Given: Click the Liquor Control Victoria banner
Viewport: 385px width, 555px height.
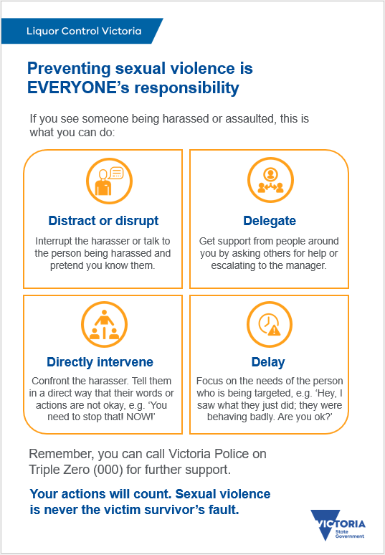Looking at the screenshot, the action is click(83, 32).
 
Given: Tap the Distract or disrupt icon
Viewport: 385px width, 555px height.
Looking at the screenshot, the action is click(104, 180).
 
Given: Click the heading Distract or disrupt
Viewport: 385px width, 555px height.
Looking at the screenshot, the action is click(103, 220).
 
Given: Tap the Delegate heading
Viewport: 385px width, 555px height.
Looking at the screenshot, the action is click(269, 220).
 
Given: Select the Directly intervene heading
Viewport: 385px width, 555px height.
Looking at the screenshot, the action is click(100, 361).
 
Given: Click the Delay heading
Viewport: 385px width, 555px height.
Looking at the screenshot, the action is click(268, 361).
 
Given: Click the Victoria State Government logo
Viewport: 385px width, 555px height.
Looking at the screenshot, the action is click(338, 525).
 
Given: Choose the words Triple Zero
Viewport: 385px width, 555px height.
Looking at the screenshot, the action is click(60, 469).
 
